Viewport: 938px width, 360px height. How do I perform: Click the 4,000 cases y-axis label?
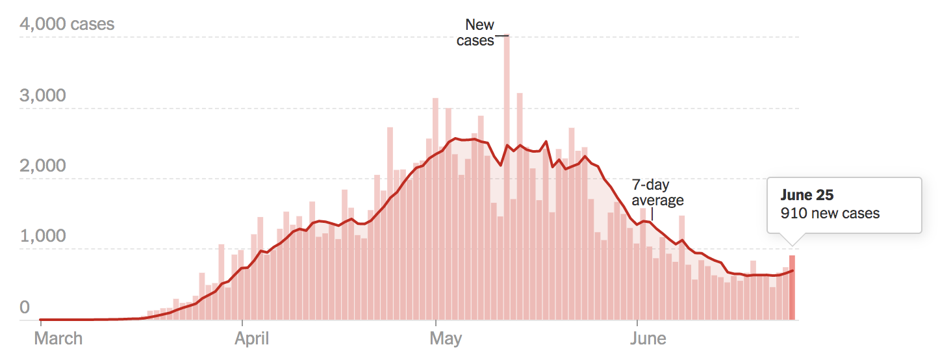[67, 25]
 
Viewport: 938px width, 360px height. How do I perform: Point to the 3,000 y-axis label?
[43, 96]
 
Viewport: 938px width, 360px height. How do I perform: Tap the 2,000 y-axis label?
[43, 166]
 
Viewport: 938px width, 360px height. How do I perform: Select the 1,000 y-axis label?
[43, 236]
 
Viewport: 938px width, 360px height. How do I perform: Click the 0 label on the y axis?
[25, 307]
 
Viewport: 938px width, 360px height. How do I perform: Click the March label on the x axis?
[58, 339]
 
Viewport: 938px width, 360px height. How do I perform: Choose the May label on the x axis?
[446, 339]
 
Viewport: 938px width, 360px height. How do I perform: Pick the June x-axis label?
[648, 339]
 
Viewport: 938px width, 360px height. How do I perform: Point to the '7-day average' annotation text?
[657, 192]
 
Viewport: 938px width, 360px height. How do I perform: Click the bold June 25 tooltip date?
[807, 195]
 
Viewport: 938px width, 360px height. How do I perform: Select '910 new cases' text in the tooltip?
[830, 213]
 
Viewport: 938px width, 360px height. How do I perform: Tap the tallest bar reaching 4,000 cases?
[507, 175]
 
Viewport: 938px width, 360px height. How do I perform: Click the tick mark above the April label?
[242, 323]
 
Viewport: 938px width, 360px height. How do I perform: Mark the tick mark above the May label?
[436, 323]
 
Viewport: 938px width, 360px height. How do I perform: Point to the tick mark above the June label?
[637, 323]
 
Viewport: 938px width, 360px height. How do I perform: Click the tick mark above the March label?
[40, 323]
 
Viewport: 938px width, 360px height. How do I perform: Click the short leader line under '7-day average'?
[652, 214]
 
